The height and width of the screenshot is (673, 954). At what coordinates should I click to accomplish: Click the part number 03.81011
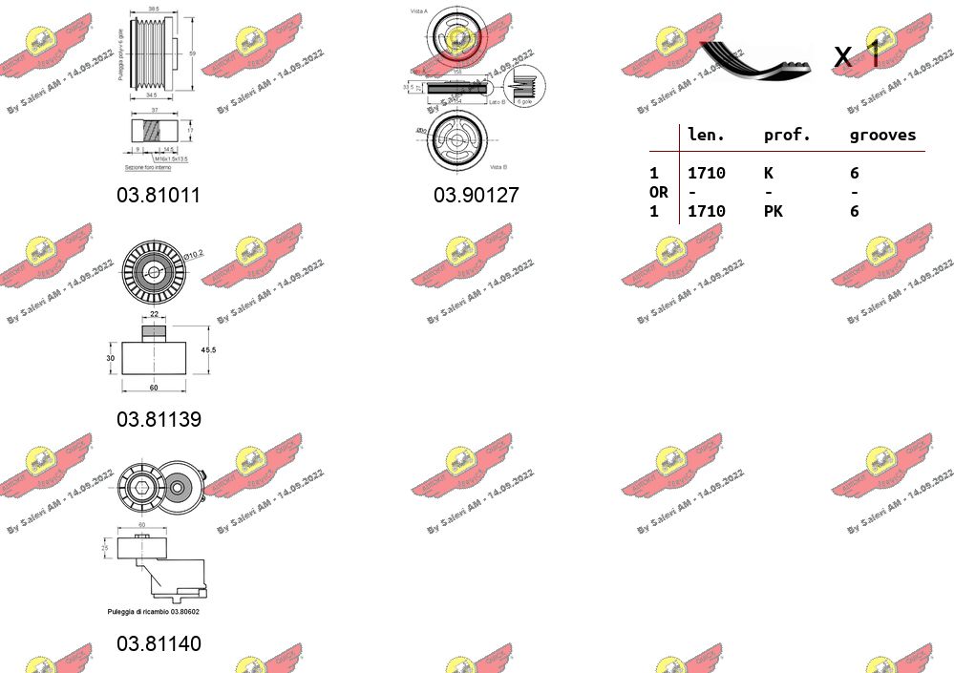coord(159,196)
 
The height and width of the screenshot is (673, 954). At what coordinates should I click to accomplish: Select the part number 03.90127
coord(476,196)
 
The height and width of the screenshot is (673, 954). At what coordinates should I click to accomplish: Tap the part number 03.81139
coord(159,419)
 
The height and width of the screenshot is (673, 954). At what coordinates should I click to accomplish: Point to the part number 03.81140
coord(159,644)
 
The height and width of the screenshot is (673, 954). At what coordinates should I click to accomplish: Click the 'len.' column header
coord(707,136)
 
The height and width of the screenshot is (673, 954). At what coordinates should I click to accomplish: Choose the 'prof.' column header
coord(787,136)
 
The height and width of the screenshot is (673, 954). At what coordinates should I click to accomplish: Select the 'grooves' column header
coord(882,136)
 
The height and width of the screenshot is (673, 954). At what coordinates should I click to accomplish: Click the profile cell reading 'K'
coord(769,173)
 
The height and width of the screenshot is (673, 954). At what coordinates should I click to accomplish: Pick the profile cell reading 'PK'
coord(773,211)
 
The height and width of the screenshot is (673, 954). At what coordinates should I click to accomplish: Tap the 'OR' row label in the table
coord(659,192)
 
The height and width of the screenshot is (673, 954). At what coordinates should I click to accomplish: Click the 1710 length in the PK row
coord(707,211)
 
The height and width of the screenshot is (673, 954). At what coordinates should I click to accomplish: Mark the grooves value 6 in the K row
coord(855,173)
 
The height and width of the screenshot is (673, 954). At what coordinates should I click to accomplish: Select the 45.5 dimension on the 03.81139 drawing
coord(208,350)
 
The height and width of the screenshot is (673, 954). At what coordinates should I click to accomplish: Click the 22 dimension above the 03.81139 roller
coord(154,314)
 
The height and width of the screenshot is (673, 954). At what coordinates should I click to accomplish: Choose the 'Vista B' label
coord(498,167)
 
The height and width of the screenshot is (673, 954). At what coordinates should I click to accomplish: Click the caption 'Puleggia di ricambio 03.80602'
coord(159,610)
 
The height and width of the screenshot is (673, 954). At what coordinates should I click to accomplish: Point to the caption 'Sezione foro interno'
coord(148,167)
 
